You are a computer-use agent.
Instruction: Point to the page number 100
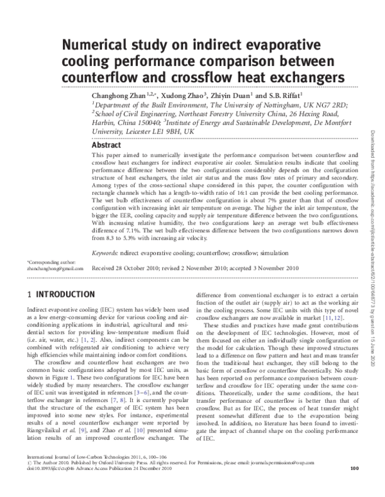click(354, 486)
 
